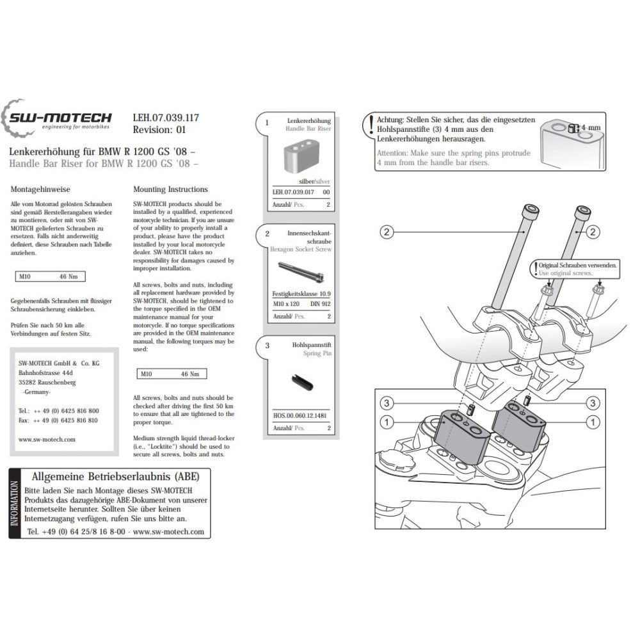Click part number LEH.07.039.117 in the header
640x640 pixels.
point(165,118)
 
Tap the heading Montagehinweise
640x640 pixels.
point(40,190)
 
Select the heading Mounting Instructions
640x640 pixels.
point(170,189)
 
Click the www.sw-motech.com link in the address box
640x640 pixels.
point(47,440)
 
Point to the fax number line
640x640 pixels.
point(58,420)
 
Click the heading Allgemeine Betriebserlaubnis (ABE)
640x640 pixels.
point(115,477)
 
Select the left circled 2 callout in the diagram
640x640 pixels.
point(386,232)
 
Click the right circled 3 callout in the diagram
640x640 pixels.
point(593,403)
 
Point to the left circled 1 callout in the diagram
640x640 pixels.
point(386,422)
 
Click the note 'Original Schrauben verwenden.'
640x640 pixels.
point(577,264)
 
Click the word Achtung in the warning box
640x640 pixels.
point(391,120)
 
